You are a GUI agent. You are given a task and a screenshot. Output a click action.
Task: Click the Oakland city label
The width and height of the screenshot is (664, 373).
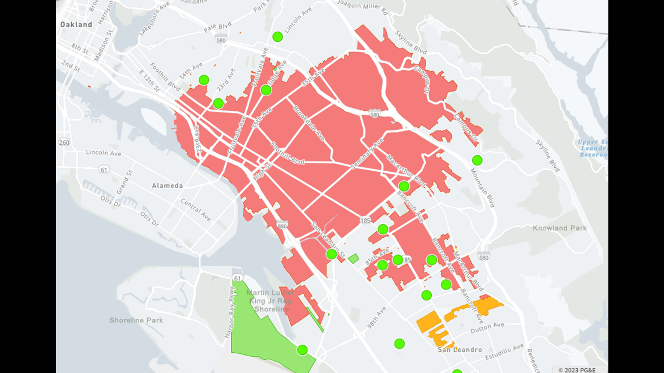coord(76,24)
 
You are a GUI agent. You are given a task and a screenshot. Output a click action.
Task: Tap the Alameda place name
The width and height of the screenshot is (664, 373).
coord(167,186)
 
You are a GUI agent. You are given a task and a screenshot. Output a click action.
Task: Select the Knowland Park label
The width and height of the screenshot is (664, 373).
coord(559,228)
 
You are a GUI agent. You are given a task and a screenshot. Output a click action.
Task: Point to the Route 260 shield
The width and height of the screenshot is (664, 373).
coord(64,143)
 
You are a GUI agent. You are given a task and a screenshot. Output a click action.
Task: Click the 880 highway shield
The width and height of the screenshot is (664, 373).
coord(282,226)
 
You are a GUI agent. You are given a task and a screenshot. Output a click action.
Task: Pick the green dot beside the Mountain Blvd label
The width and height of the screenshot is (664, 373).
coord(477,160)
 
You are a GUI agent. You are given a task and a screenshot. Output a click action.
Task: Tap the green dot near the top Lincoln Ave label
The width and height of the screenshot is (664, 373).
coord(278,37)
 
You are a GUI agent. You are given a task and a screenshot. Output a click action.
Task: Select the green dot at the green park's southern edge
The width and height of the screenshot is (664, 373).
coord(302,350)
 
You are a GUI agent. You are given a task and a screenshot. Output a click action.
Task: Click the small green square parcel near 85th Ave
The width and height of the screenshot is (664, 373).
coord(353,259)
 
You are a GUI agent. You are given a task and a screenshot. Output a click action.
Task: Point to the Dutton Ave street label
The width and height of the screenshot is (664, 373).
coord(487,328)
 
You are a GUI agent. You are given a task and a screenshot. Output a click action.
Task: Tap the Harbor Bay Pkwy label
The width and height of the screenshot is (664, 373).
coord(231,312)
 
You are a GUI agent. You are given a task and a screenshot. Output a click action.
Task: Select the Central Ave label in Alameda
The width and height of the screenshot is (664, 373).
coord(195,209)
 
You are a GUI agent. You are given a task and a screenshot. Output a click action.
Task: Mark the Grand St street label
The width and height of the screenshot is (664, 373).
coord(124,182)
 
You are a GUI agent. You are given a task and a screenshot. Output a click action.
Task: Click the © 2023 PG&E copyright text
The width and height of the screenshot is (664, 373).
coord(577,370)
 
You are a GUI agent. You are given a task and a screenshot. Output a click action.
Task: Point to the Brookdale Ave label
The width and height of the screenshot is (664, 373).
coord(309,123)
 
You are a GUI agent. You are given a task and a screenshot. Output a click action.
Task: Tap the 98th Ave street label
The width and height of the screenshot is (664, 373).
coord(376,318)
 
